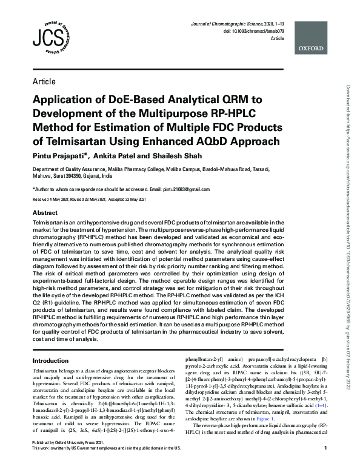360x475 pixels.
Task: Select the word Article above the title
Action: click(44, 81)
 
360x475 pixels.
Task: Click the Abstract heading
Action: click(45, 214)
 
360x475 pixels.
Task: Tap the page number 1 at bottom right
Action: click(325, 465)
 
